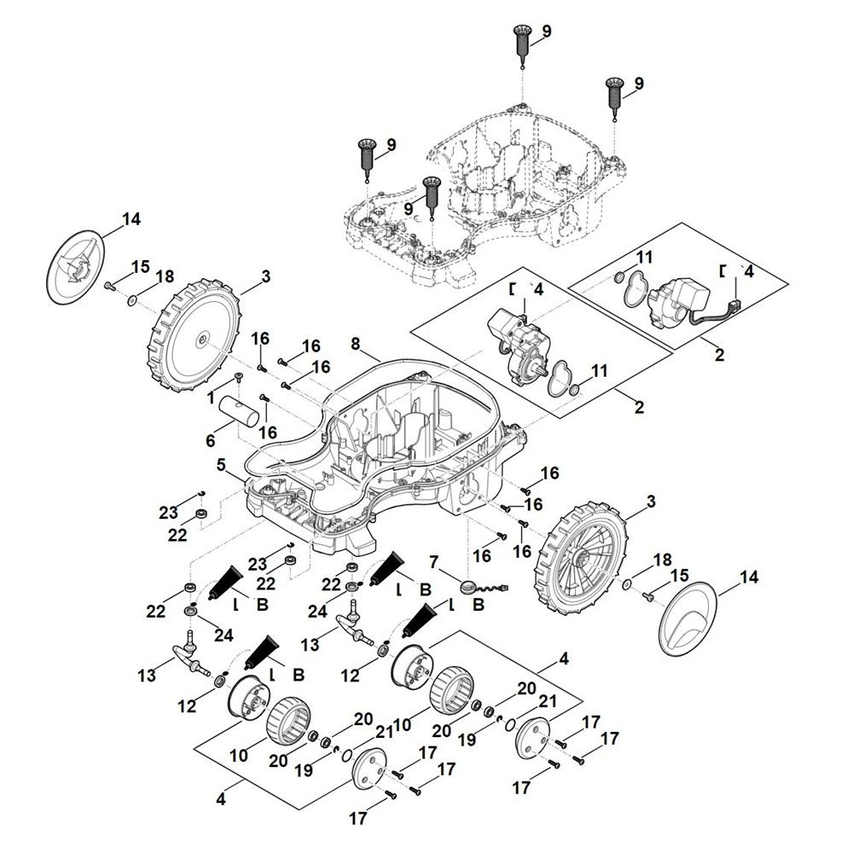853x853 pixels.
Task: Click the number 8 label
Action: coord(355,344)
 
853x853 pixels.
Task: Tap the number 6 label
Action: coord(211,441)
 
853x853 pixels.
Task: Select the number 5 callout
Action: coord(221,465)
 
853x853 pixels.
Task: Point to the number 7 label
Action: coord(433,561)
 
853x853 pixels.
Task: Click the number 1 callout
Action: coord(211,398)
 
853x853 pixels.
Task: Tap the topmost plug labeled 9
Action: coord(522,46)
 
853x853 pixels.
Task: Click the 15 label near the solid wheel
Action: coord(140,266)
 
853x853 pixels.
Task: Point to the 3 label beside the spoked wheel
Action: coord(651,501)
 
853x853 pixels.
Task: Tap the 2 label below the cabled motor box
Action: coord(720,355)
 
